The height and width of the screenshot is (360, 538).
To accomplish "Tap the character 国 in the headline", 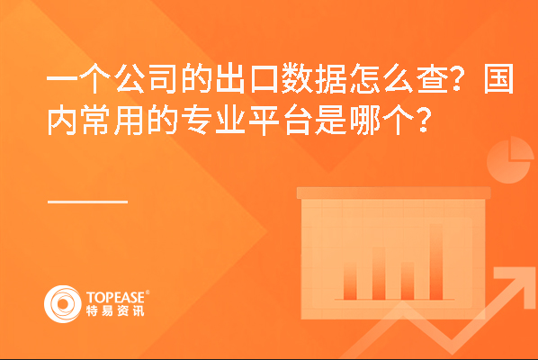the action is [x=499, y=78].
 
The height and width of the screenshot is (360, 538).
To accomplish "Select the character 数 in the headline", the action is [x=297, y=78].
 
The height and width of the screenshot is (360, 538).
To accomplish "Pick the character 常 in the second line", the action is [x=95, y=121].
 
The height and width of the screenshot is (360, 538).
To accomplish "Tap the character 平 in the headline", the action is [x=264, y=121].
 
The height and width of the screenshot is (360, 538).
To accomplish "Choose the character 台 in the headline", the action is [x=297, y=121].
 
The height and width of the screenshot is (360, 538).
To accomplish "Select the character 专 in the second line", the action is [x=196, y=121].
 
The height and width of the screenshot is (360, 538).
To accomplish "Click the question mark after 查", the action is [x=457, y=78].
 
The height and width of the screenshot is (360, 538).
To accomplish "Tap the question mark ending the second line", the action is [x=423, y=121].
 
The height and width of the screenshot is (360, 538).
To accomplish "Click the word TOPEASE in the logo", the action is [x=115, y=297].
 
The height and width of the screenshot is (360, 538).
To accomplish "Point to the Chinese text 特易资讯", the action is [x=115, y=310].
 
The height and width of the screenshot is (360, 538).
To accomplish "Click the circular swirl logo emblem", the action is [x=63, y=304].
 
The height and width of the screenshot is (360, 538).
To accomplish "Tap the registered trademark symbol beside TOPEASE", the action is [x=148, y=292].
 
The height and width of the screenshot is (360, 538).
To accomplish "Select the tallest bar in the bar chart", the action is [x=436, y=262].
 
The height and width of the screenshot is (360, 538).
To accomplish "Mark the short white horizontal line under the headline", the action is [x=88, y=202].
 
